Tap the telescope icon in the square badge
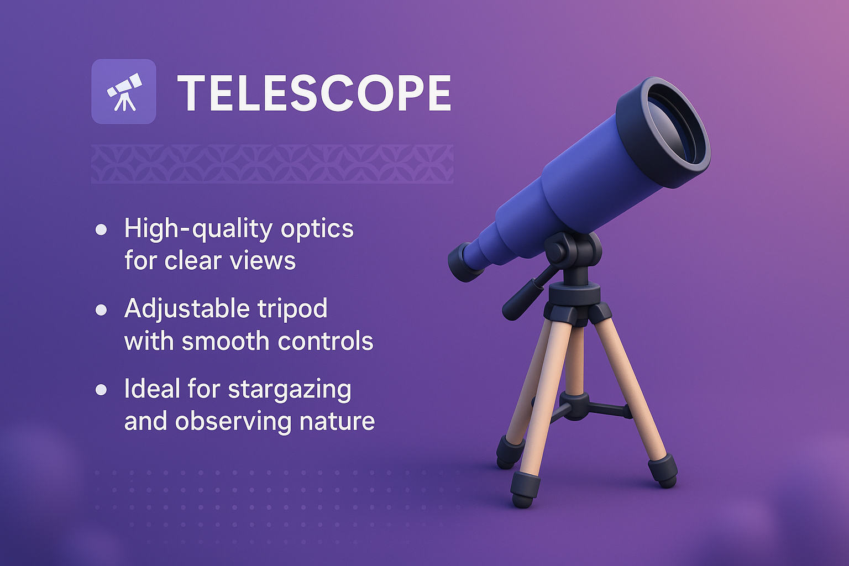point(124,92)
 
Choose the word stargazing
point(289,389)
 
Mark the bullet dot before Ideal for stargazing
point(101,390)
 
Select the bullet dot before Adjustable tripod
point(101,310)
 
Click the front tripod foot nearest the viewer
point(525,490)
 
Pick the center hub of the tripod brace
point(575,406)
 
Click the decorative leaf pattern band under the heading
point(272,164)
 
